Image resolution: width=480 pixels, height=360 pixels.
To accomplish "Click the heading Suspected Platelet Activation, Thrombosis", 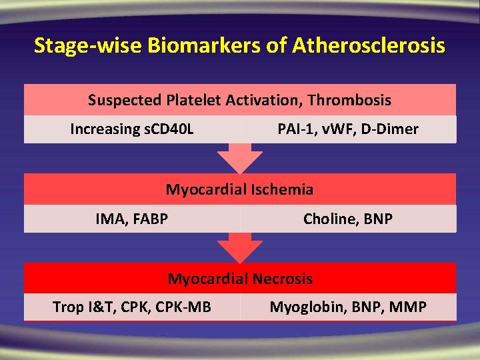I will point(239,100).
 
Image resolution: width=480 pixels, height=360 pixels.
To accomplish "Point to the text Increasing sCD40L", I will point(132,129).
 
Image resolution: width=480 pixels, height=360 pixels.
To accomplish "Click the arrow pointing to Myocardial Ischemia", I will point(240,159).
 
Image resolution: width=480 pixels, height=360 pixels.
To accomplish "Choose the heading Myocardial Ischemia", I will point(239,189).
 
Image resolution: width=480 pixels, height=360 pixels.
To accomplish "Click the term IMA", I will point(110,218).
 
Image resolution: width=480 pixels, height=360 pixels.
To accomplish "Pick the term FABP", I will point(149,218).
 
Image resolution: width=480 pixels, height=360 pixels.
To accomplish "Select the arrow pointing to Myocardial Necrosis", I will point(240,247).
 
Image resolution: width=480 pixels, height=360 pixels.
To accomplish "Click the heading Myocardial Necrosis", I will point(240,278).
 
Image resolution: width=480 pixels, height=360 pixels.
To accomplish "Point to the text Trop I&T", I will point(76,307).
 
